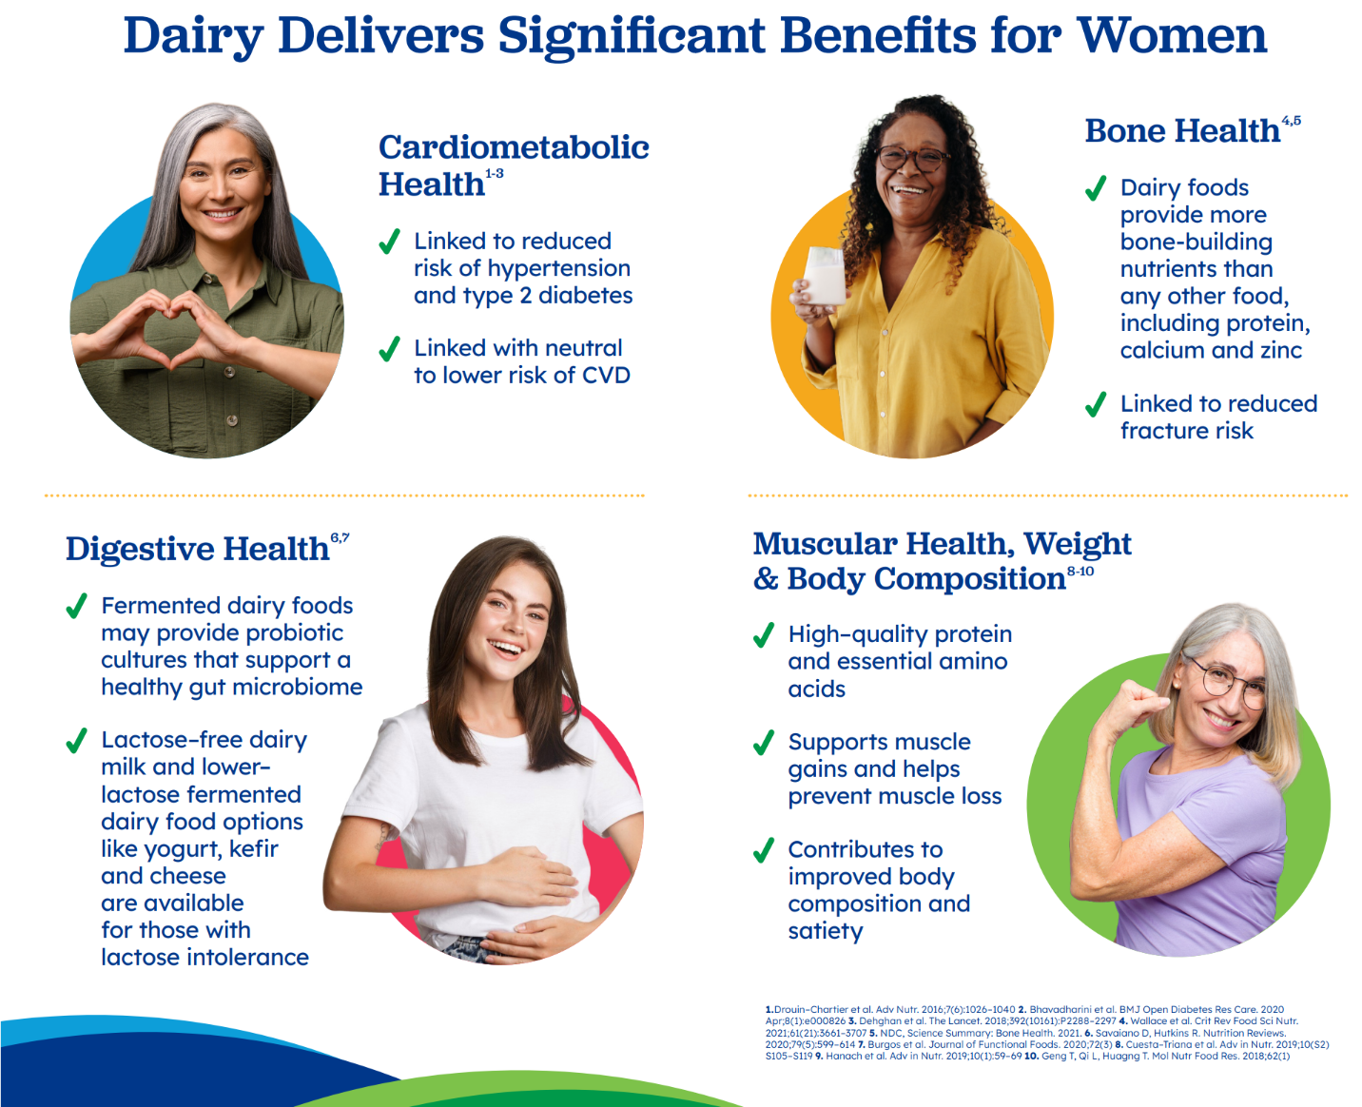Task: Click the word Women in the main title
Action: tap(1172, 36)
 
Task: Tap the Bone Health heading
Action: tap(1182, 131)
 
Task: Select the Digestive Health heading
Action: tap(198, 549)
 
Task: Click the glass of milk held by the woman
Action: tap(825, 276)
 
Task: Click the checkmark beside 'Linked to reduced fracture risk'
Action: tap(1096, 404)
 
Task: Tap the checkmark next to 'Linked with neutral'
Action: tap(389, 349)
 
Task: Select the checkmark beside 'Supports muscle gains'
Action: tap(764, 743)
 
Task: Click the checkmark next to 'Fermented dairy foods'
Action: tap(77, 606)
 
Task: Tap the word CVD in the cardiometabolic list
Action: tap(606, 375)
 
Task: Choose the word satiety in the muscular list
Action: tap(825, 931)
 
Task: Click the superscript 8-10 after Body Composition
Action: tap(1080, 571)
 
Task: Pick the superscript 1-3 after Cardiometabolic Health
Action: tap(495, 174)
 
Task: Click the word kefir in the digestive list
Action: tap(254, 848)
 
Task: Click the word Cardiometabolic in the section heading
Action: tap(514, 147)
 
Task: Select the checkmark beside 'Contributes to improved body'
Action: tap(764, 850)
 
